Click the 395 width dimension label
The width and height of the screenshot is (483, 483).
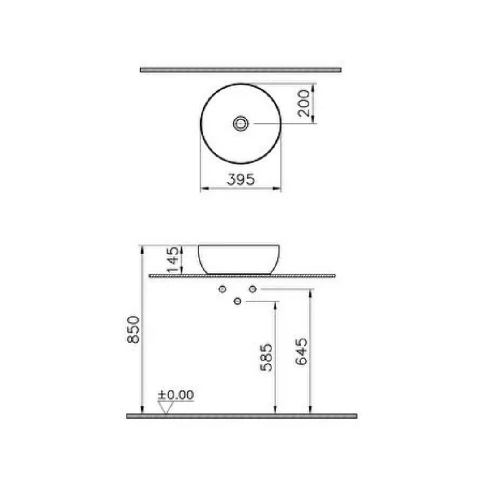point(241,179)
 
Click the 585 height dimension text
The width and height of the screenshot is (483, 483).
point(266,358)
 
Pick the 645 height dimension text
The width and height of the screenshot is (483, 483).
point(301,352)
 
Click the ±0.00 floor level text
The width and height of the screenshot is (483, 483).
point(176,395)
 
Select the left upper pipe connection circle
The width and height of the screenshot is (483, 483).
point(222,289)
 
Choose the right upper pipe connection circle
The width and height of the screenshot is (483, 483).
point(253,289)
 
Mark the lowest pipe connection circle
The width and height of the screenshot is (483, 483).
point(237,301)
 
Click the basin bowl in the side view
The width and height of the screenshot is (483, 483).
point(239,259)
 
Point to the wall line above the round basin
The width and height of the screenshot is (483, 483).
point(241,70)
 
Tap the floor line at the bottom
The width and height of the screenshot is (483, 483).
point(241,416)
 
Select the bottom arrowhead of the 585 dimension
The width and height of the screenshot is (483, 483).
point(275,410)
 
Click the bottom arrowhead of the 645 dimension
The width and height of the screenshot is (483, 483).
point(310,410)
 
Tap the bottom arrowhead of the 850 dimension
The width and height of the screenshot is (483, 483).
point(142,410)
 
